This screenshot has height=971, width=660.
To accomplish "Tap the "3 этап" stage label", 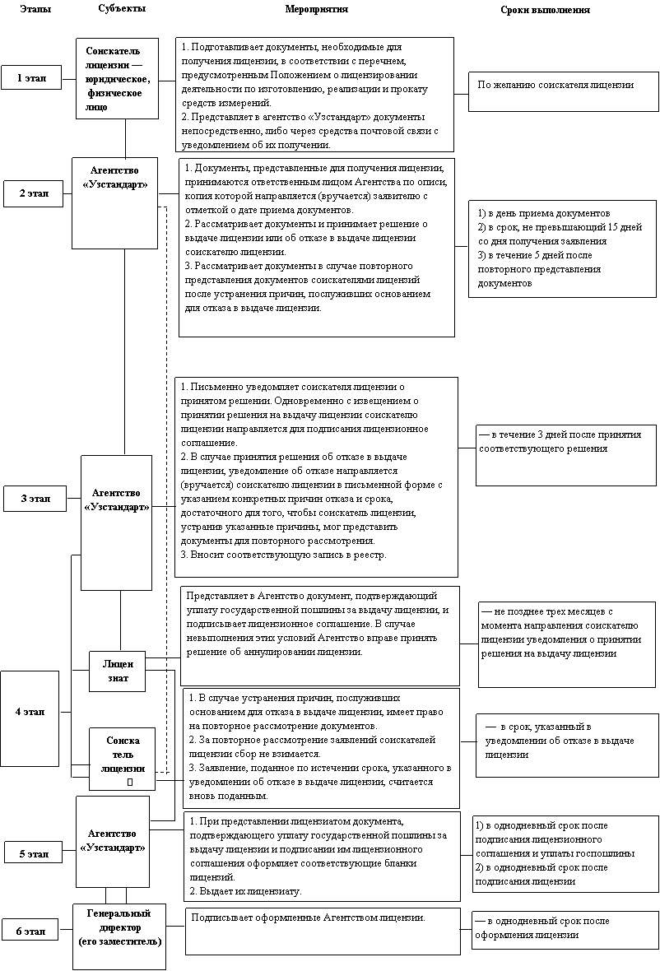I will tap(35, 499).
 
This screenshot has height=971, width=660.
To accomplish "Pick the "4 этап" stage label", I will tap(30, 712).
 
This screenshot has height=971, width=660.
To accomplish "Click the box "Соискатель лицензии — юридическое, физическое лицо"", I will tap(117, 79).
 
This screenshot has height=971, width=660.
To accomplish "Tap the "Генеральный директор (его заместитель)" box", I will tap(119, 927).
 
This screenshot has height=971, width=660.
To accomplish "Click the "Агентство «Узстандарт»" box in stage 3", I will tap(117, 500).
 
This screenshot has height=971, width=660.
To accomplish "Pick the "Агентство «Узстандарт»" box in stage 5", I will tap(113, 840).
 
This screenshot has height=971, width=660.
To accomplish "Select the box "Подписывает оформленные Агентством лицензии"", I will tap(308, 917).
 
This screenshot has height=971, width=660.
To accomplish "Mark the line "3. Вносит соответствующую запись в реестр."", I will tap(282, 555).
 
